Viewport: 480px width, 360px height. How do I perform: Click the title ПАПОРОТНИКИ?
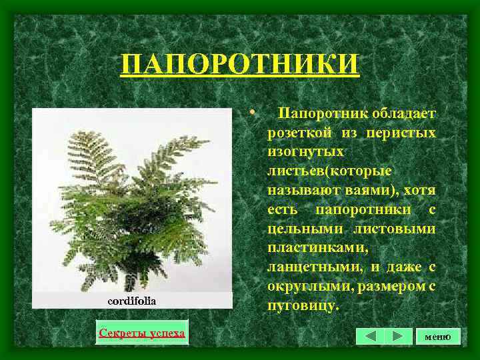(x=240, y=65)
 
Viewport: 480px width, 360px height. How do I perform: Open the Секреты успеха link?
(x=141, y=332)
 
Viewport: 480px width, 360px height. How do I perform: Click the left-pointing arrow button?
(x=371, y=336)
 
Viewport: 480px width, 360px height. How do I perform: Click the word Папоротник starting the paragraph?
(x=314, y=114)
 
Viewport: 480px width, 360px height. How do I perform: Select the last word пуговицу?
(x=303, y=307)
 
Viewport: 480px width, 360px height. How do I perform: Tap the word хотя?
(x=421, y=191)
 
